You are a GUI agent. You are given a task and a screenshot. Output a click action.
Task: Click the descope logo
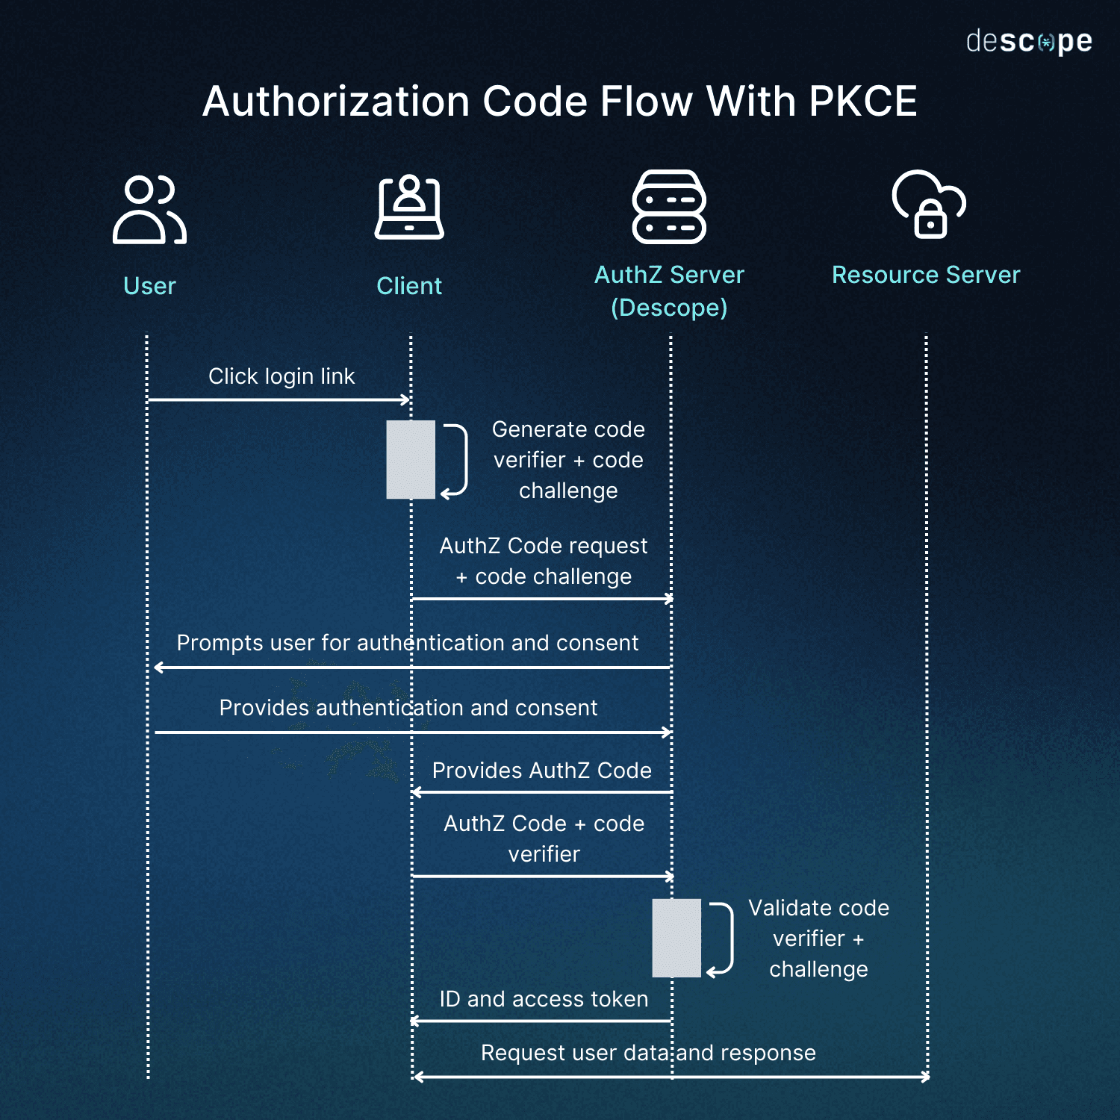click(1028, 42)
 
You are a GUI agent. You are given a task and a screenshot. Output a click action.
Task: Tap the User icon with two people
click(149, 210)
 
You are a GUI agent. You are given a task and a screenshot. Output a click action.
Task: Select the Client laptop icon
click(409, 208)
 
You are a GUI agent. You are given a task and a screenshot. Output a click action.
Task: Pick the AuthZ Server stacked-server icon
click(669, 207)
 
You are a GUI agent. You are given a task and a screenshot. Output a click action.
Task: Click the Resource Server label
click(926, 275)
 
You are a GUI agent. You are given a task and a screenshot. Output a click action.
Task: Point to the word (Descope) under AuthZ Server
click(669, 308)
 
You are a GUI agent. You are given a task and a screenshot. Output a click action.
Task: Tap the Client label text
click(409, 286)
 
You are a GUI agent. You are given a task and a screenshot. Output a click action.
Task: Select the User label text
click(149, 286)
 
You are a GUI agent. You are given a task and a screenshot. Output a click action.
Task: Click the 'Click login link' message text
click(281, 376)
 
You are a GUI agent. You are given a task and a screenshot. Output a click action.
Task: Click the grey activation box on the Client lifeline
click(410, 459)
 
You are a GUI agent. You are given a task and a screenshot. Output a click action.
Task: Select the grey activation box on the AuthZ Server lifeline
click(676, 938)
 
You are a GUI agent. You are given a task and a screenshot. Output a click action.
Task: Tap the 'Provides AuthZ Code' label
click(542, 771)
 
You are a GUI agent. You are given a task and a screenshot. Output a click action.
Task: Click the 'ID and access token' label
click(544, 999)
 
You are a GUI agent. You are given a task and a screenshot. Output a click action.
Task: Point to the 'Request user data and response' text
click(648, 1053)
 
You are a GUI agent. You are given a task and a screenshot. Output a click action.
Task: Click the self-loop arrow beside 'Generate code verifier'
click(457, 460)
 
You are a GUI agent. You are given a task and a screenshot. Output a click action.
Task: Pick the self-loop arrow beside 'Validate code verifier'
click(723, 939)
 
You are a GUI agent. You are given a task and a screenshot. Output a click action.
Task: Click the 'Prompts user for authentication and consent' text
click(408, 643)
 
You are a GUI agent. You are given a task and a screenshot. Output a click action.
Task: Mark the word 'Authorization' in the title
click(337, 102)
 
